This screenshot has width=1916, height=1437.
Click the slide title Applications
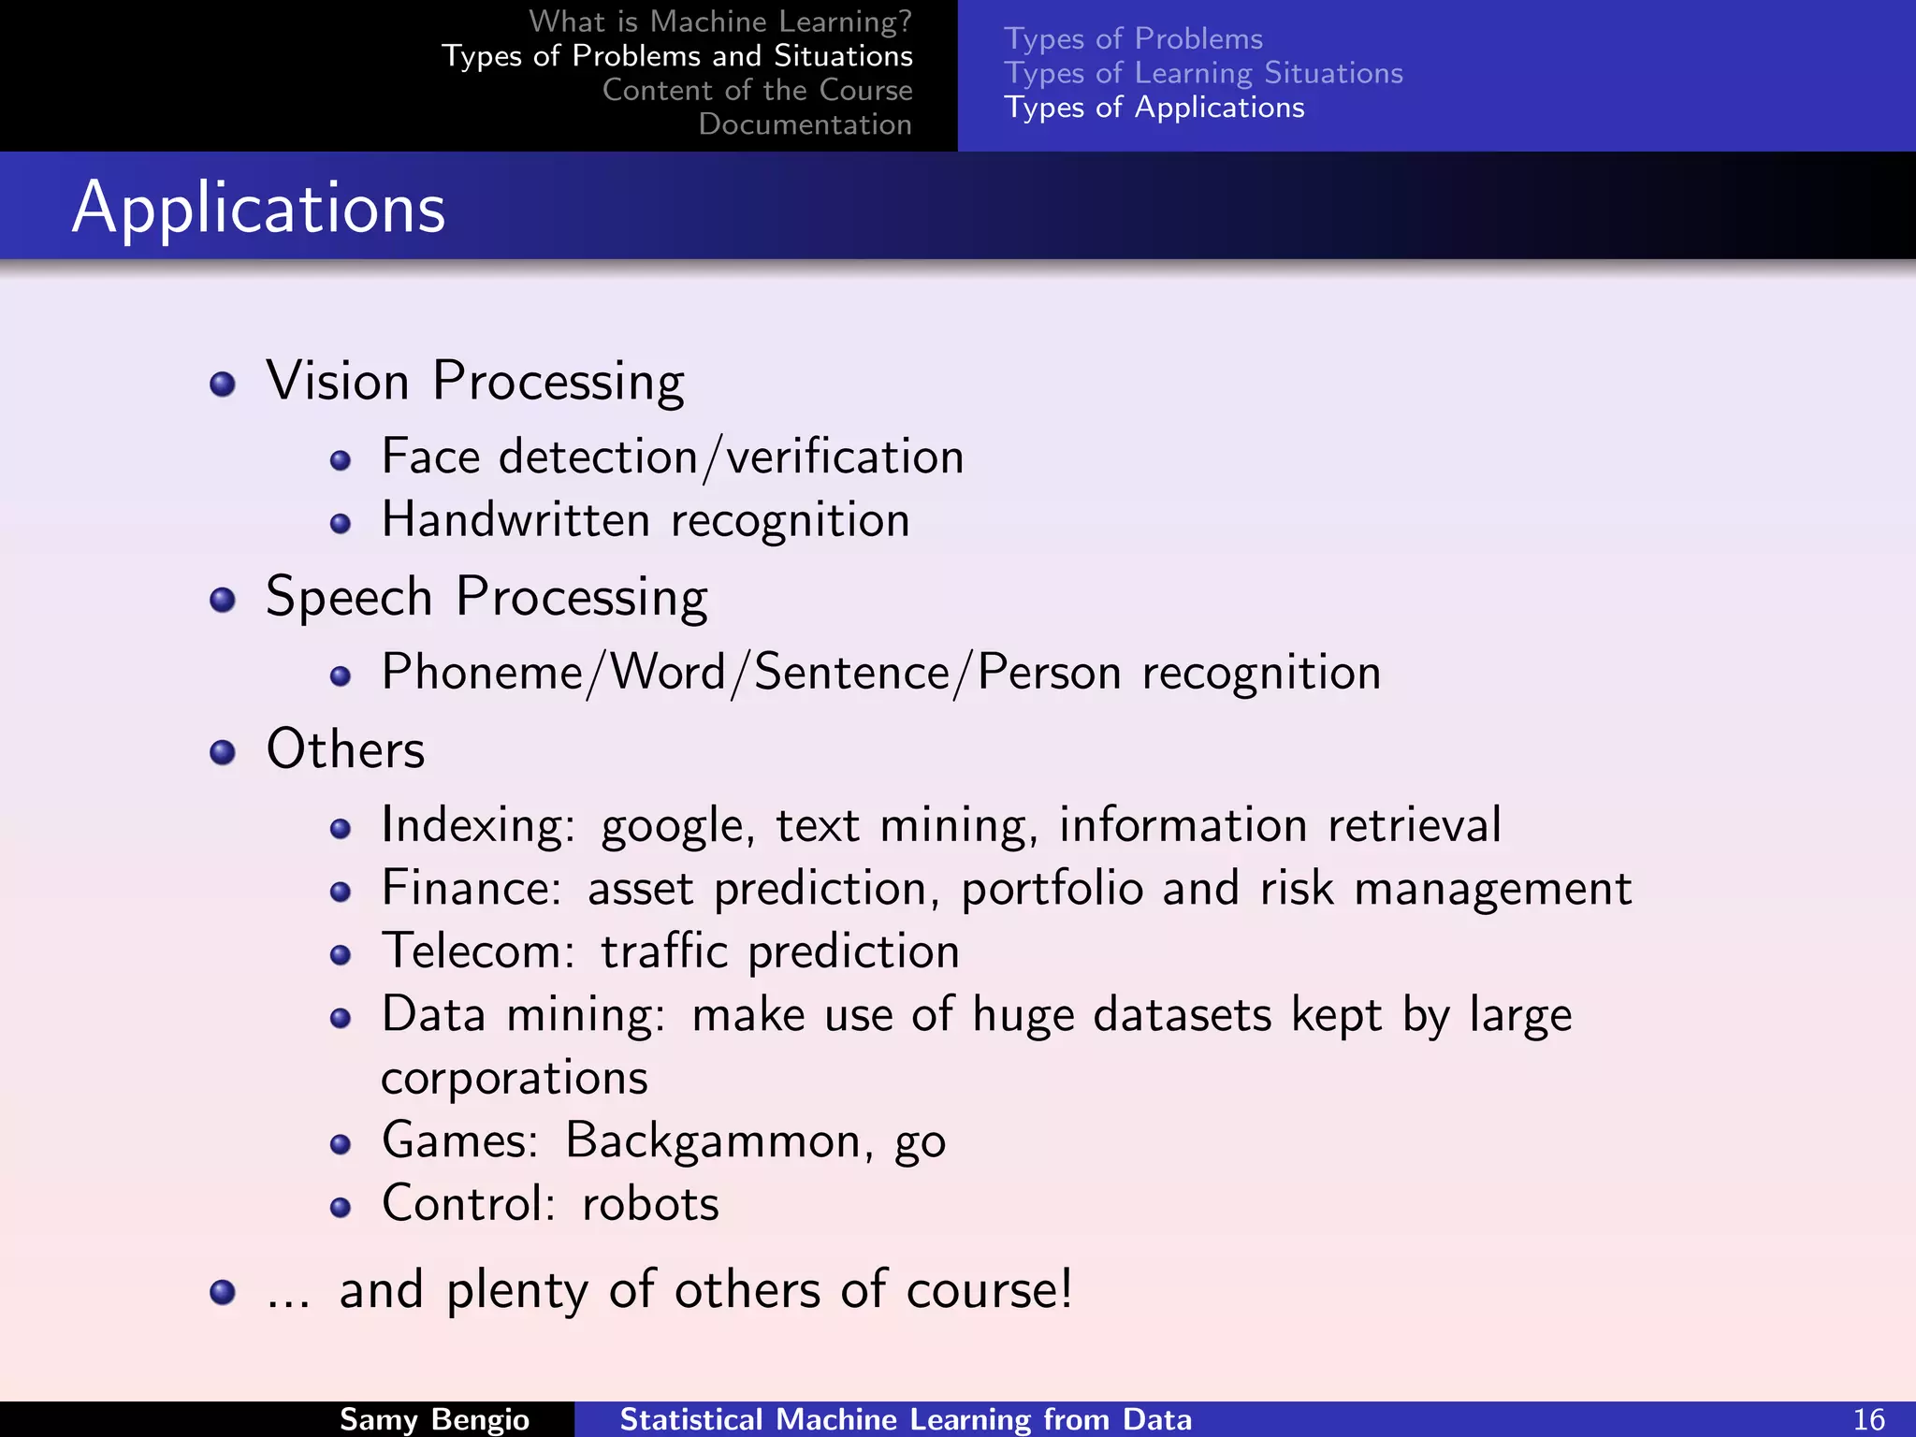point(258,207)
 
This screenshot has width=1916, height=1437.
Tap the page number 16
point(1868,1419)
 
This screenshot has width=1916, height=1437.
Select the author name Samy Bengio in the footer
point(434,1419)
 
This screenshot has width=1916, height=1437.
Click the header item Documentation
point(805,124)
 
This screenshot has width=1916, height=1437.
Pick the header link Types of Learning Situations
point(1203,73)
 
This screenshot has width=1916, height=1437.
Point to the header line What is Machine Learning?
point(719,21)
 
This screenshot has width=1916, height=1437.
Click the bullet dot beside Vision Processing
point(223,384)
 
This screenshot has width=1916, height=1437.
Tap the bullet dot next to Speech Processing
point(223,600)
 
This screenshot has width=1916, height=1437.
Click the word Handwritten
point(515,520)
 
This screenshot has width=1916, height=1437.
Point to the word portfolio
point(1052,889)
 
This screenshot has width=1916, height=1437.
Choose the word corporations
point(515,1079)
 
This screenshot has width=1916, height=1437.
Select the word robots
point(650,1204)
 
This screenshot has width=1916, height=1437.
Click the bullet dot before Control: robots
point(341,1207)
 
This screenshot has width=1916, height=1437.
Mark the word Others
point(345,749)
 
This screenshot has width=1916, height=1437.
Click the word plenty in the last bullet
point(516,1291)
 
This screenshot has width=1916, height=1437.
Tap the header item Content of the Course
point(757,90)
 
